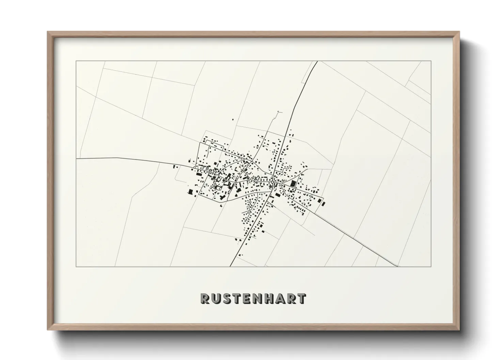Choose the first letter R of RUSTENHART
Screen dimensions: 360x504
pyautogui.click(x=205, y=298)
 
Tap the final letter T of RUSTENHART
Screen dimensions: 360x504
pyautogui.click(x=301, y=298)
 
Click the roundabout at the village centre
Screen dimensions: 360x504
pyautogui.click(x=271, y=183)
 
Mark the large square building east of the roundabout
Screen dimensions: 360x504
pyautogui.click(x=293, y=184)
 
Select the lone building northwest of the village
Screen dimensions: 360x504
pyautogui.click(x=233, y=119)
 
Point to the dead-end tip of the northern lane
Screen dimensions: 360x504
pyautogui.click(x=279, y=112)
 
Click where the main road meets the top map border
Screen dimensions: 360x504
pyautogui.click(x=317, y=61)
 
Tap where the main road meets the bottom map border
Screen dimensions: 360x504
pyautogui.click(x=231, y=266)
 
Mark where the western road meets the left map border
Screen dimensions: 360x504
pyautogui.click(x=76, y=159)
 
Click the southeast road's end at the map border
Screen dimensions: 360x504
pyautogui.click(x=398, y=266)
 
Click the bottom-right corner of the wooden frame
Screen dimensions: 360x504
pyautogui.click(x=459, y=330)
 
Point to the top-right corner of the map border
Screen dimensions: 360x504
pyautogui.click(x=431, y=61)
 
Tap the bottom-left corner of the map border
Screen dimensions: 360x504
pyautogui.click(x=76, y=266)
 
